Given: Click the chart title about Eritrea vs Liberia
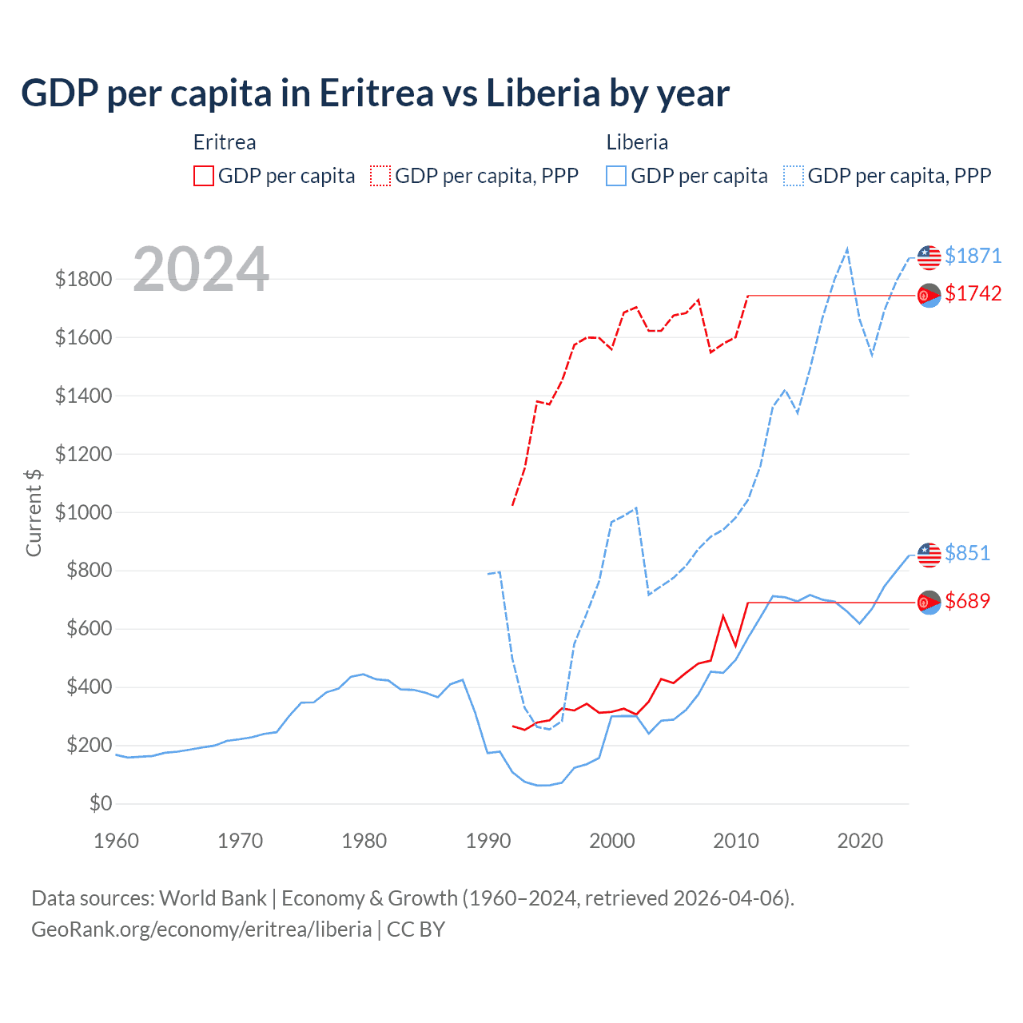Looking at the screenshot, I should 375,94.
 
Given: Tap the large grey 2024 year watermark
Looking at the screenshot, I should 201,269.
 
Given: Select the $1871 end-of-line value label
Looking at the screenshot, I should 973,256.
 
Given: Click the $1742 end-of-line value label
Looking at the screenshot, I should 973,294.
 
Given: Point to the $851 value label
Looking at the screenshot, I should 967,553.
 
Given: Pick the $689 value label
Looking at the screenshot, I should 967,601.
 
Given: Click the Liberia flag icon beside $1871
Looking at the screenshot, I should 929,257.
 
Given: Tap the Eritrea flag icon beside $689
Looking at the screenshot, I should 929,602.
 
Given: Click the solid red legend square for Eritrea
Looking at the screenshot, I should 204,176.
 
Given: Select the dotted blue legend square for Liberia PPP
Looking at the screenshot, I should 794,176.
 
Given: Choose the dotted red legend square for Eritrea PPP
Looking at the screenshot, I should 380,176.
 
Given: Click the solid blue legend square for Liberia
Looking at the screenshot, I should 616,176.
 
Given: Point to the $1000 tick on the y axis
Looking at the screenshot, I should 83,512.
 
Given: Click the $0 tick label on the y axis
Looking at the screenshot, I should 100,803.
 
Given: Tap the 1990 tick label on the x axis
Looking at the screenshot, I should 488,841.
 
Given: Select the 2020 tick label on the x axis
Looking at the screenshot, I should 859,841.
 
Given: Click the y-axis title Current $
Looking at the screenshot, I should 34,512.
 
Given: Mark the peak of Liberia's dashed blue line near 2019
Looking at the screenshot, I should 847,249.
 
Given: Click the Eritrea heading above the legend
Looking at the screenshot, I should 225,142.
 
